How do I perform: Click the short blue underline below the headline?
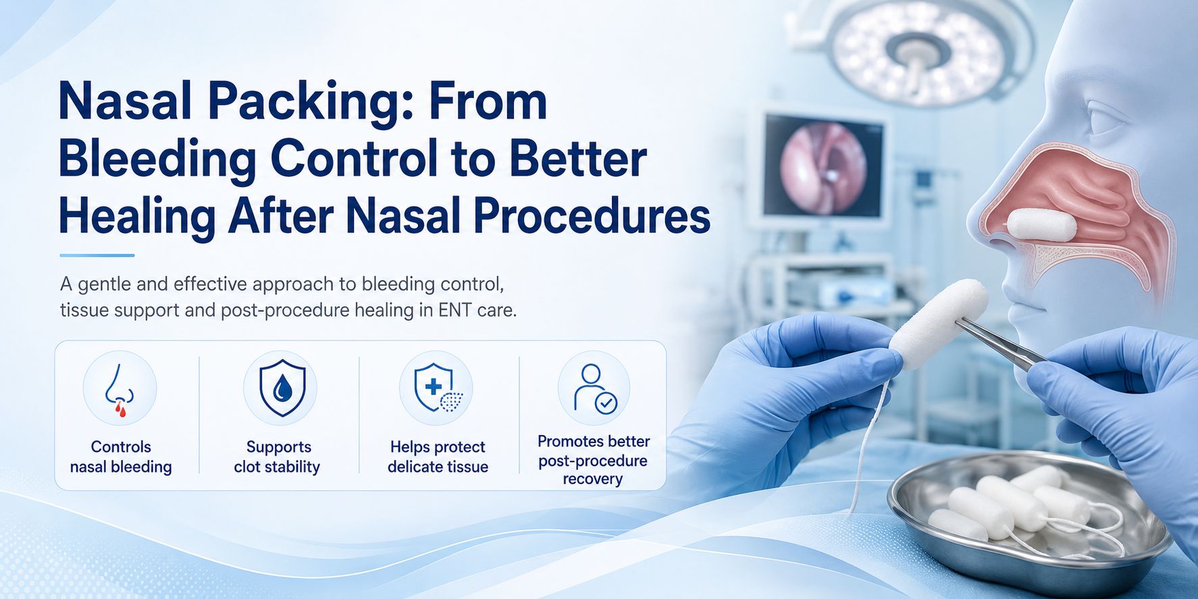97,255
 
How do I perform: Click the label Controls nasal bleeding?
121,457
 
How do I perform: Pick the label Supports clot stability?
278,457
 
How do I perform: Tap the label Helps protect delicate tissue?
438,457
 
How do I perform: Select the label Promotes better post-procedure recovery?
594,460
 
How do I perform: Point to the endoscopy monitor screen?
823,166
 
